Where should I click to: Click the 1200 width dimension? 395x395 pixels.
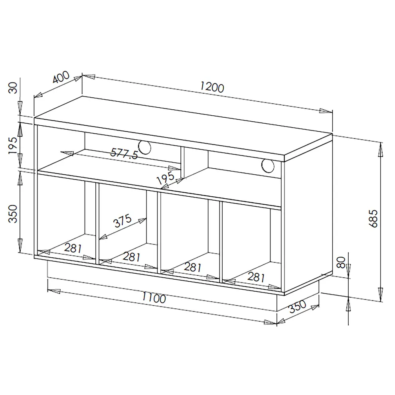pyautogui.click(x=212, y=87)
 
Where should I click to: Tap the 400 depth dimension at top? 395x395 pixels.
pyautogui.click(x=61, y=77)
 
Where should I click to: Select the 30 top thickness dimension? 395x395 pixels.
pyautogui.click(x=13, y=88)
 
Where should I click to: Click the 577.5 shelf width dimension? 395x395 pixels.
pyautogui.click(x=124, y=154)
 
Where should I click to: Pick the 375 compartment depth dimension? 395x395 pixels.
pyautogui.click(x=122, y=221)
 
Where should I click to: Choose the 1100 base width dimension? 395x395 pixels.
pyautogui.click(x=154, y=298)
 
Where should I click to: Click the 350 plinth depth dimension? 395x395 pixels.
pyautogui.click(x=298, y=306)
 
